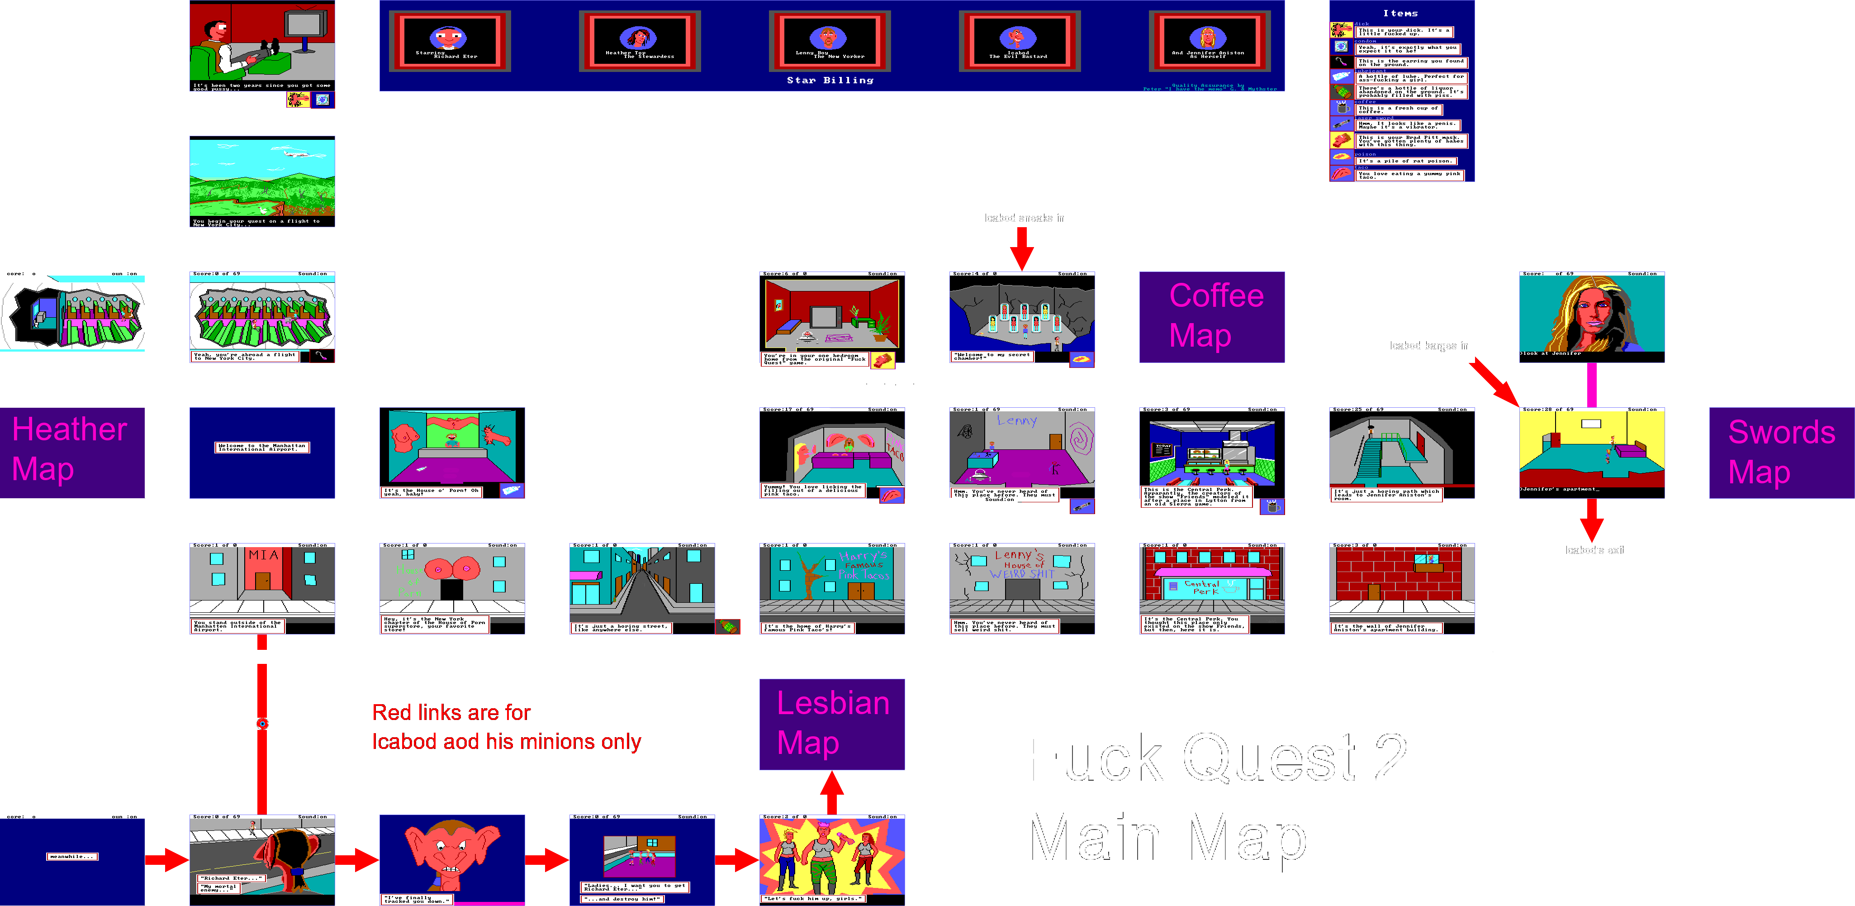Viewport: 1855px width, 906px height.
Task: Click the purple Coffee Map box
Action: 1211,317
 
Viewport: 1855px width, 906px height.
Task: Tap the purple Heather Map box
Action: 72,452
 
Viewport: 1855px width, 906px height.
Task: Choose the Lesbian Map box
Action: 832,724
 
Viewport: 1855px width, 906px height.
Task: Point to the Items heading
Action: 1400,14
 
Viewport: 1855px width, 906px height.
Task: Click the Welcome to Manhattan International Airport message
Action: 262,447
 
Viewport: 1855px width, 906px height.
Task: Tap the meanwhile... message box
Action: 72,856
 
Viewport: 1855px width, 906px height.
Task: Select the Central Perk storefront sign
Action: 1202,588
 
